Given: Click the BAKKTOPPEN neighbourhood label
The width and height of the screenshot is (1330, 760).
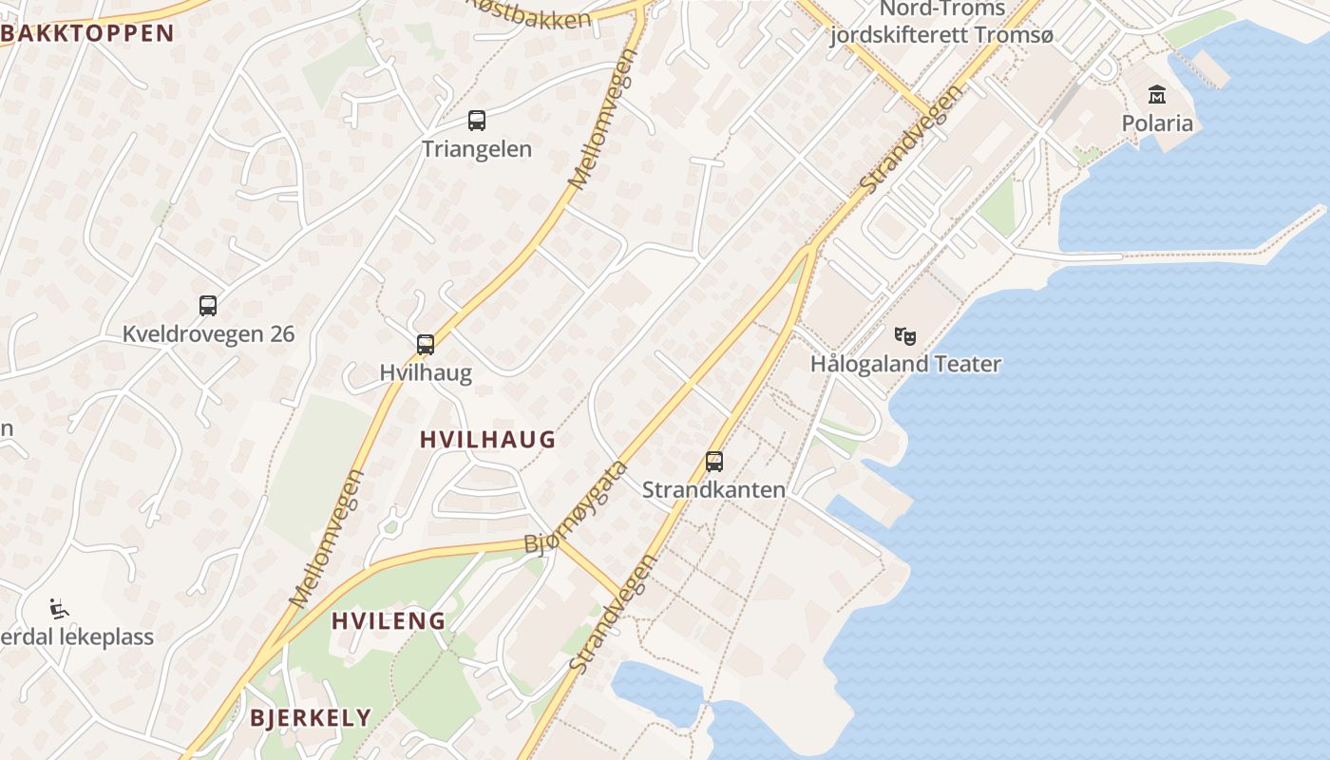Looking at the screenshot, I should pyautogui.click(x=88, y=33).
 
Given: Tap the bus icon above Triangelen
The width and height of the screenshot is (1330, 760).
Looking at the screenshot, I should pyautogui.click(x=477, y=121).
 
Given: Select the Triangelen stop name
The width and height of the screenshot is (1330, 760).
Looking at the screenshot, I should pyautogui.click(x=477, y=149).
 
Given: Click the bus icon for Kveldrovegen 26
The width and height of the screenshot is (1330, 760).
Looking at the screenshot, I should pyautogui.click(x=208, y=306).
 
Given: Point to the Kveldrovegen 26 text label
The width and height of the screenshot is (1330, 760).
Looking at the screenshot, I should pyautogui.click(x=208, y=334).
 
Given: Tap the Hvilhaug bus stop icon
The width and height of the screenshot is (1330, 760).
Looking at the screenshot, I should pyautogui.click(x=426, y=344).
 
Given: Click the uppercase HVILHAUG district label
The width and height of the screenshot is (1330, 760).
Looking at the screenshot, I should pyautogui.click(x=487, y=439).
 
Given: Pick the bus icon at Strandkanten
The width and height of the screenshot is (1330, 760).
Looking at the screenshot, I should pyautogui.click(x=714, y=462).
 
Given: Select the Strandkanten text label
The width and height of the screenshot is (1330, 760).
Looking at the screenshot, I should pyautogui.click(x=714, y=490).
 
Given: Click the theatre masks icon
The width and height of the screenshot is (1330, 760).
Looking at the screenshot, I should pyautogui.click(x=905, y=335).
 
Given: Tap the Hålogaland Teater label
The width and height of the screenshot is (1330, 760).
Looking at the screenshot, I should pyautogui.click(x=905, y=364).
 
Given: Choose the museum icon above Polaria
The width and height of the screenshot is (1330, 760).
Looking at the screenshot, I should pyautogui.click(x=1157, y=94).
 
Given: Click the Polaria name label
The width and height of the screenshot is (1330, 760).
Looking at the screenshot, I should pyautogui.click(x=1157, y=123).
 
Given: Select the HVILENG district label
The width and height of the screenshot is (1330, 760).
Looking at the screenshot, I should pyautogui.click(x=389, y=621).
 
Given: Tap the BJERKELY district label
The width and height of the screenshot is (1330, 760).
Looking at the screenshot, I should pyautogui.click(x=311, y=717).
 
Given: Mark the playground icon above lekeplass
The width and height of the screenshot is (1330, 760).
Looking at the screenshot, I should pyautogui.click(x=59, y=608).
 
